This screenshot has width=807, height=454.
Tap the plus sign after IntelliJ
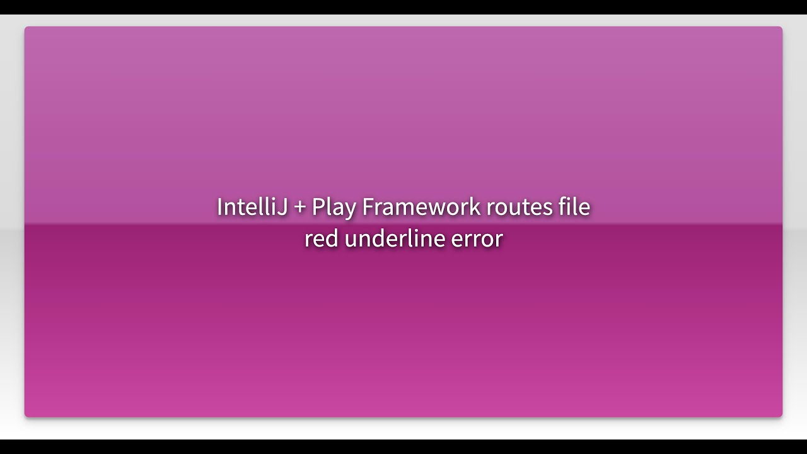tap(299, 207)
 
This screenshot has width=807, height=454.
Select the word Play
tap(334, 207)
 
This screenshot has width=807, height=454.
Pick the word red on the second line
tap(322, 239)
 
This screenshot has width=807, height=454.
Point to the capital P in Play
tap(318, 207)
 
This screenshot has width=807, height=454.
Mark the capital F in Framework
tap(368, 207)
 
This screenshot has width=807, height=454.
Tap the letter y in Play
tap(351, 209)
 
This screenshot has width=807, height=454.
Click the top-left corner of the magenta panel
tap(26, 28)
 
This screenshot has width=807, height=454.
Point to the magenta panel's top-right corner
tap(781, 28)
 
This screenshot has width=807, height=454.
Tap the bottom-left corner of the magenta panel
tap(26, 416)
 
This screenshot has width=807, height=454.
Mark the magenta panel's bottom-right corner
tap(781, 416)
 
